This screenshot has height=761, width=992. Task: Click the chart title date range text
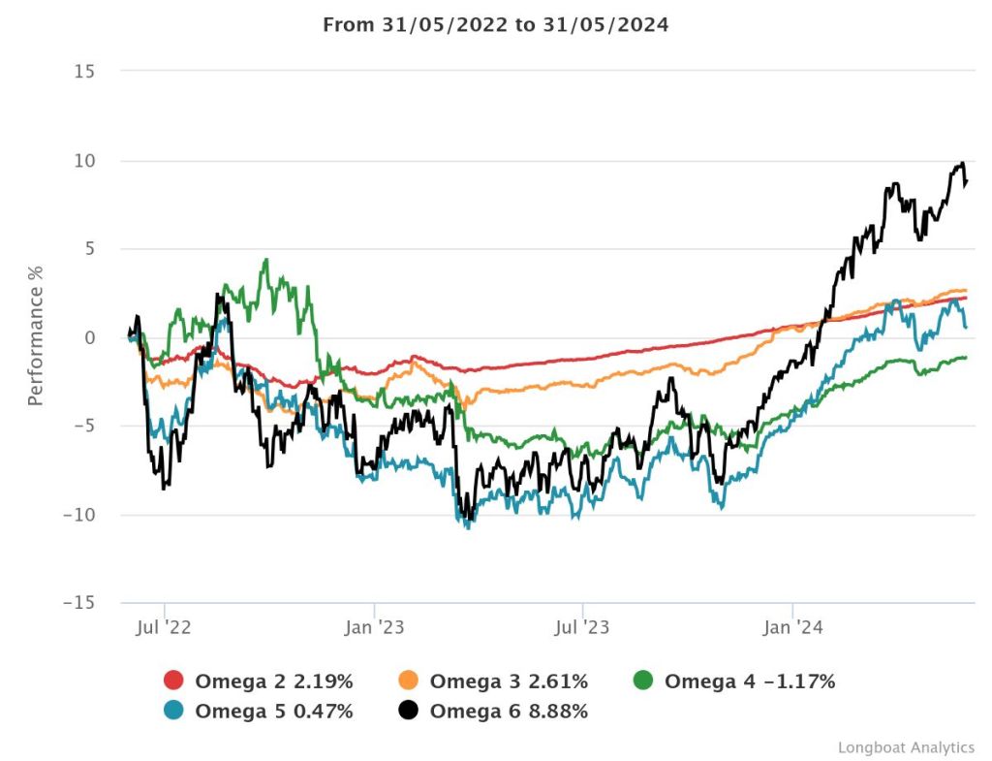pos(495,25)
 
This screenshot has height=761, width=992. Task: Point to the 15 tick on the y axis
pos(86,72)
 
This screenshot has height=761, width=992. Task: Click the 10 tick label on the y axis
pos(86,160)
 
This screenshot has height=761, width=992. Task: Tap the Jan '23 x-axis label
pos(374,628)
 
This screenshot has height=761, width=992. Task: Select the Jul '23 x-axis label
pos(582,628)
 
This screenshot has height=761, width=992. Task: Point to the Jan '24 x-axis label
pos(792,628)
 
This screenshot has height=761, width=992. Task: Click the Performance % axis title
pos(36,337)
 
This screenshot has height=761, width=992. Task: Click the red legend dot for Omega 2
pos(174,682)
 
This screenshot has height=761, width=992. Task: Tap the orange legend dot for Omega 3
pos(409,682)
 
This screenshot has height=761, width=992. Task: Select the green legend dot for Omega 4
pos(643,682)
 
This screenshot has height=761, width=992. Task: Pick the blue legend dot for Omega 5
pos(174,712)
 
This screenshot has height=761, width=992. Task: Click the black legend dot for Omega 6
pos(409,712)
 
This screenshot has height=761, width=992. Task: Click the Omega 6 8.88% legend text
pos(509,712)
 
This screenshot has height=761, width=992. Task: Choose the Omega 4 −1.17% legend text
pos(749,682)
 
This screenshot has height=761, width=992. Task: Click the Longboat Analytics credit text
pos(906,747)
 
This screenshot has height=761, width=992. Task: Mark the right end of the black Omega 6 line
pos(967,181)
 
